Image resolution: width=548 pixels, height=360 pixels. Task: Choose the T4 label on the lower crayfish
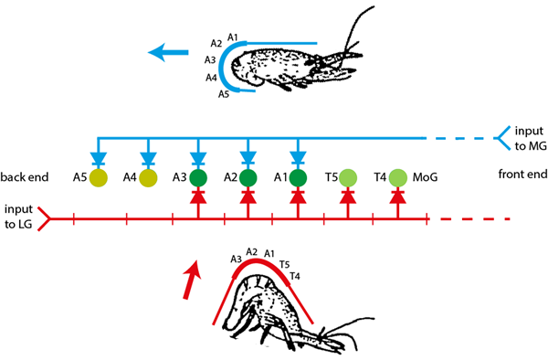coord(294,276)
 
